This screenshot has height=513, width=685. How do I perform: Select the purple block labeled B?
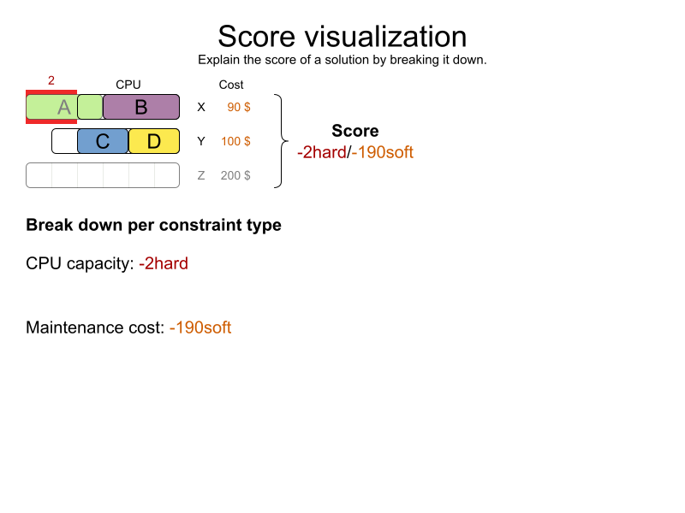tap(141, 107)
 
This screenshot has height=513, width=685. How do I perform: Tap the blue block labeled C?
tap(103, 141)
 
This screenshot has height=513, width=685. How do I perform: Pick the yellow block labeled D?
tap(154, 141)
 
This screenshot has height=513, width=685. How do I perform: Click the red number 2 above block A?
tap(51, 80)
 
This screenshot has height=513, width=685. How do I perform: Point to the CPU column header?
tap(128, 85)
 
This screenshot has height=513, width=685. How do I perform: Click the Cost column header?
tap(231, 85)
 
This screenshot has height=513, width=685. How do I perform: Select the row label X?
tap(201, 107)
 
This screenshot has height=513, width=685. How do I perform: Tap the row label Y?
tap(201, 141)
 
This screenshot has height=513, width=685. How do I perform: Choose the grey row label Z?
tap(201, 175)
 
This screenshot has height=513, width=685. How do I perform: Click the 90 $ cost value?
tap(239, 107)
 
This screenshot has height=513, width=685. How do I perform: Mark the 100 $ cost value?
tap(235, 141)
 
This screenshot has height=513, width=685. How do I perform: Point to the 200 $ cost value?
tap(235, 175)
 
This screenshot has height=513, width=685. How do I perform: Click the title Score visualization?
tap(342, 36)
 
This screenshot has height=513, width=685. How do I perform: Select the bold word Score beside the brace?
tap(355, 131)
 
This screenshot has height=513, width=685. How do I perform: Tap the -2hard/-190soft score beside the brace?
tap(355, 153)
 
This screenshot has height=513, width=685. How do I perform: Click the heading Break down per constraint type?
tap(153, 226)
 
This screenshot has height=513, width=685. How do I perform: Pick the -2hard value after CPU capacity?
tap(164, 263)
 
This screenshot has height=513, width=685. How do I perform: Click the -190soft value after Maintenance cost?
tap(200, 327)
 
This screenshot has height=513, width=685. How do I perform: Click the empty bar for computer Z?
tap(103, 175)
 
